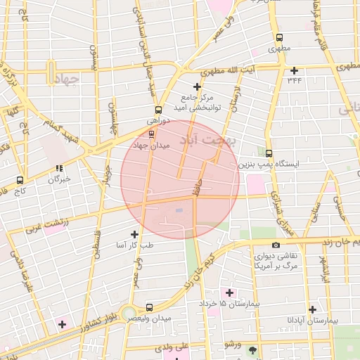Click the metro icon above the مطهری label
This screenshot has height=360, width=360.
(280, 38)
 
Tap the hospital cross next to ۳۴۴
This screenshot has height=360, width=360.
(294, 70)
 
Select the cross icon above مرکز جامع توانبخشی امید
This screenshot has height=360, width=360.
(197, 86)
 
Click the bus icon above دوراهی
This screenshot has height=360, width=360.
(157, 110)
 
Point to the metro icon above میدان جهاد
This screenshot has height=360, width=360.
(153, 134)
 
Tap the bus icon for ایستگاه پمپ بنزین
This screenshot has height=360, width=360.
(269, 153)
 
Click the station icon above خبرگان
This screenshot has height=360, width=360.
(59, 168)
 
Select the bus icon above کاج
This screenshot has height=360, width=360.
(19, 180)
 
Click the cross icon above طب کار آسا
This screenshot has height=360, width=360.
(134, 233)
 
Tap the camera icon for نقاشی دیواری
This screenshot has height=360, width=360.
(275, 245)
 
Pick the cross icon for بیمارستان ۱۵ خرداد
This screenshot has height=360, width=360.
(229, 292)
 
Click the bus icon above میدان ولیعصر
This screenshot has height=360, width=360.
(149, 307)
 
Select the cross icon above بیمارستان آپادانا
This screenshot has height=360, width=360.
(312, 309)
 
